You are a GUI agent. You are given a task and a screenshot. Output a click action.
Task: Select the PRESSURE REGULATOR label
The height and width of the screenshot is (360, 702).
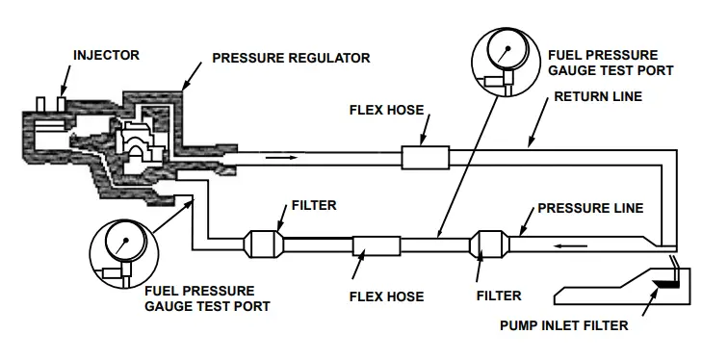pos(290,59)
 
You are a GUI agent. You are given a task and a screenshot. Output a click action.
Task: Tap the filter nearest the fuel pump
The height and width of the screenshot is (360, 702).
pos(488,244)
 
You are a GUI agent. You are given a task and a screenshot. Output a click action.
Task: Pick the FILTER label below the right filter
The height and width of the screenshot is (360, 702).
pos(499,296)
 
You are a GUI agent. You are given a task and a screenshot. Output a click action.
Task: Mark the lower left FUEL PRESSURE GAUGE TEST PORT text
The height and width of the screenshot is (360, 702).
pos(198,297)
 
